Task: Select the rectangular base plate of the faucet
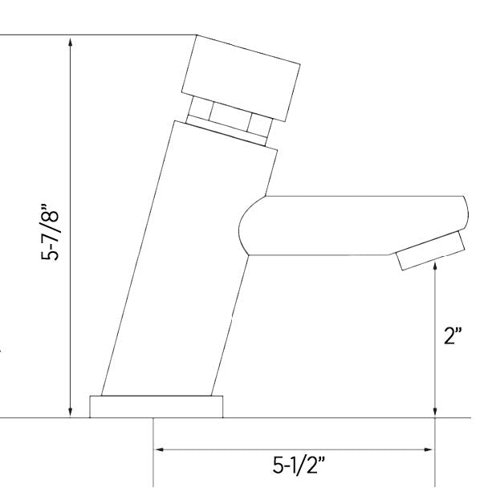(x=156, y=406)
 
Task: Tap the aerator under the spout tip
(x=429, y=252)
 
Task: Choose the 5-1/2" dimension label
(x=299, y=466)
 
